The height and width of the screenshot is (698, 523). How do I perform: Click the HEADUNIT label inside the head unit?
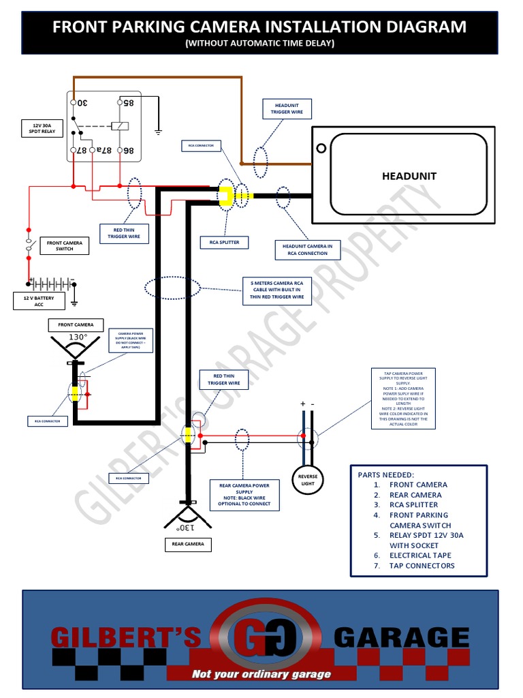point(409,176)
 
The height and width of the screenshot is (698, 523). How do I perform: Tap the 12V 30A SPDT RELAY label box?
point(43,129)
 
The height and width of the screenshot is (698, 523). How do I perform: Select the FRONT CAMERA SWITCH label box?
point(65,245)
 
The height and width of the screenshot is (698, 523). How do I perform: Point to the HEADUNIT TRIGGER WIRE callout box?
point(287,108)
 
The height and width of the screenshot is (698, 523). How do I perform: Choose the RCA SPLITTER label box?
point(224,242)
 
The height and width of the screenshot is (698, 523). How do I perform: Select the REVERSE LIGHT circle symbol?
point(309,480)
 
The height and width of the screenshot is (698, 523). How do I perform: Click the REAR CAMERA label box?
point(187,544)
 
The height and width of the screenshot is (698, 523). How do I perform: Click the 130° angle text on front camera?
point(78,337)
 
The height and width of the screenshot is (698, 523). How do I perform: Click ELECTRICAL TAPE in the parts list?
point(420,556)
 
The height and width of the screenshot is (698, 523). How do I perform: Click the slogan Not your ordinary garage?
point(261,673)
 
